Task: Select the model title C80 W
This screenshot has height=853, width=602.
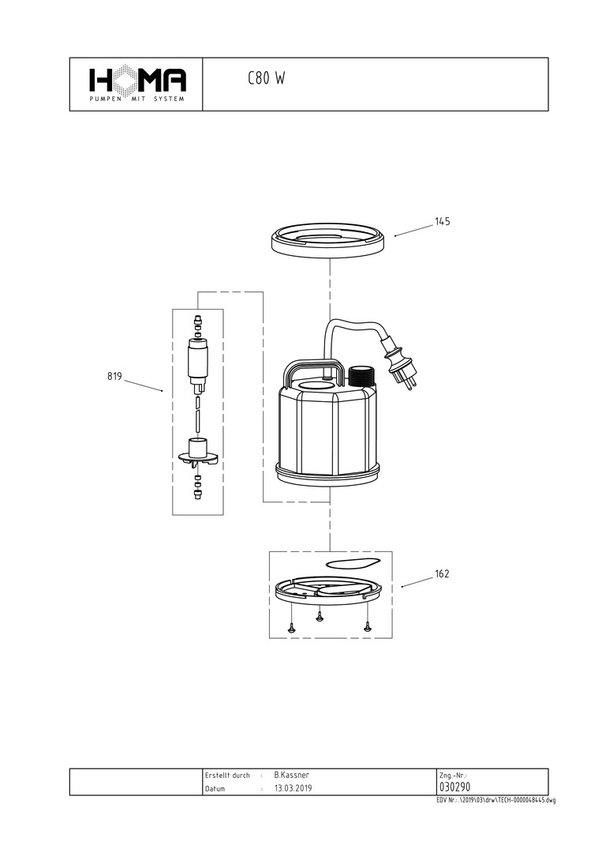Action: pos(266,78)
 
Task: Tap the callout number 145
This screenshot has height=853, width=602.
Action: pos(443,221)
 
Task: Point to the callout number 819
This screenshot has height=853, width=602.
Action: pos(114,377)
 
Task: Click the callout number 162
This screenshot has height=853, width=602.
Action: pos(443,574)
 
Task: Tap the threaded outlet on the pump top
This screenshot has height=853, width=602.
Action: pos(363,376)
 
